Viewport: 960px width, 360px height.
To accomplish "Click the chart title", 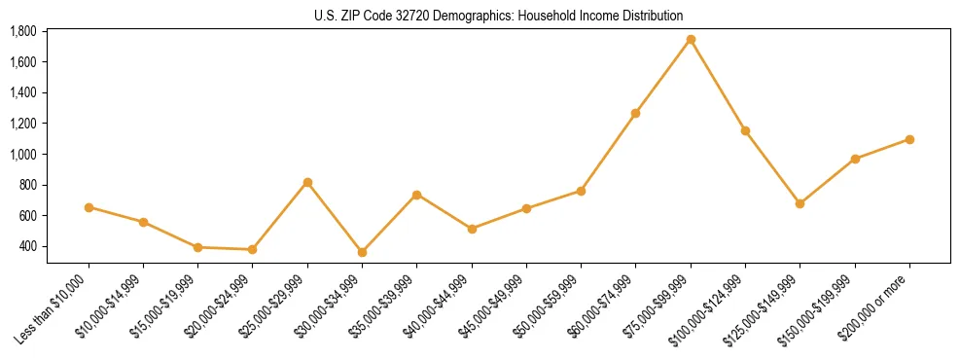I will tap(499, 16).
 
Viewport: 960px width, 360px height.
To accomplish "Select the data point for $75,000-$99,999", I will tap(691, 40).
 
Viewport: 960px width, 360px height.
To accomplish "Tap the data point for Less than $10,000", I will tap(89, 207).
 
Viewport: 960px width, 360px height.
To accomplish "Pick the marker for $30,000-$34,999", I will tap(362, 252).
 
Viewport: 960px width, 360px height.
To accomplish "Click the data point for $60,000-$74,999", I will tap(635, 113).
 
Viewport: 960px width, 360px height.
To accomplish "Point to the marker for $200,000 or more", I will tap(909, 139).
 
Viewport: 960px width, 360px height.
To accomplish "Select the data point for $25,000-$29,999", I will tap(307, 182).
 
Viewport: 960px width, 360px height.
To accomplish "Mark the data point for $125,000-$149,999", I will tap(800, 203).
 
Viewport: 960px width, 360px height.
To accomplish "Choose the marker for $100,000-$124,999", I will tap(745, 130).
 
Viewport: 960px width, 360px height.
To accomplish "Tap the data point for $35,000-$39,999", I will tap(416, 195).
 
